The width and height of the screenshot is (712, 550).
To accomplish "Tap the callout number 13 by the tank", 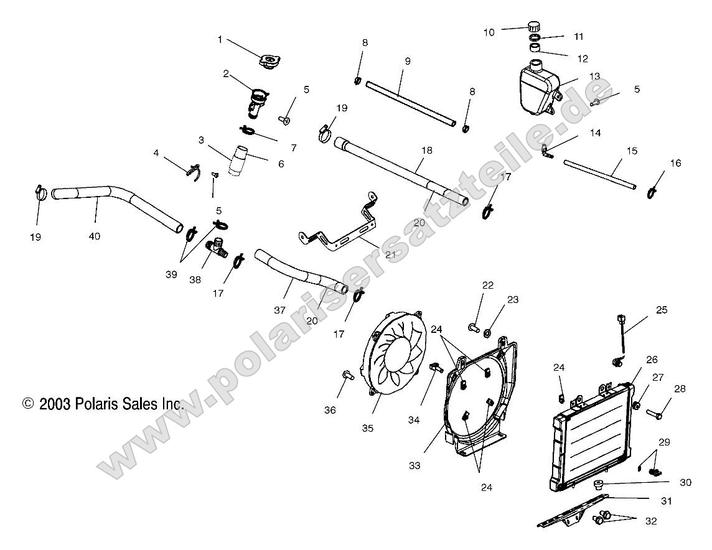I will point(594,76).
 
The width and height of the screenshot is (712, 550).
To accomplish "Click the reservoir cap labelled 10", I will point(533,26).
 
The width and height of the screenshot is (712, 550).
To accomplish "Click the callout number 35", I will point(367,428).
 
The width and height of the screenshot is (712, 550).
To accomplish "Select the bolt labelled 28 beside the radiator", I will point(656,412).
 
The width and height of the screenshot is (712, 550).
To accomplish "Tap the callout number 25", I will point(661,309).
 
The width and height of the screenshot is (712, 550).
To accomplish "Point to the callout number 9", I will point(407,61).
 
